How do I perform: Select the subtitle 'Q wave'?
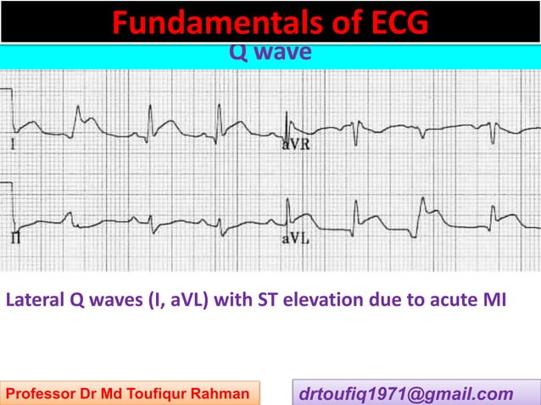(x=270, y=53)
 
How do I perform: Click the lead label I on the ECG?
(x=13, y=145)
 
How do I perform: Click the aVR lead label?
(x=295, y=145)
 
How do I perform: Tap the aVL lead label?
(x=295, y=240)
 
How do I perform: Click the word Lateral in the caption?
(x=35, y=299)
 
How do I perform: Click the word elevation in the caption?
(x=330, y=299)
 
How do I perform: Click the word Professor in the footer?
(x=43, y=393)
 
